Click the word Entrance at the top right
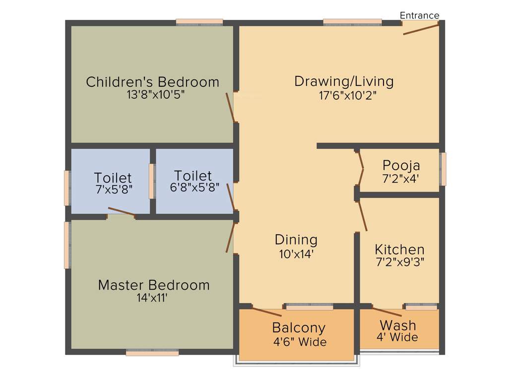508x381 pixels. [420, 15]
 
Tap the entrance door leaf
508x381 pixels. [421, 29]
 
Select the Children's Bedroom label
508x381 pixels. [152, 82]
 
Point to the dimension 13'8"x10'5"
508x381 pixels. [155, 95]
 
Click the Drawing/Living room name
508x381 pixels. [344, 81]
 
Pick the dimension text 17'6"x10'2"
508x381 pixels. [348, 95]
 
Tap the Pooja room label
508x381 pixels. [401, 165]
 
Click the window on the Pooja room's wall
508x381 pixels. [443, 169]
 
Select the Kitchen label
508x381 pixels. [399, 249]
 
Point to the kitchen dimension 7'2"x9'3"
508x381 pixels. [399, 261]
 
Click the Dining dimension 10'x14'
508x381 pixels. [296, 254]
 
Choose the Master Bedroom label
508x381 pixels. [154, 285]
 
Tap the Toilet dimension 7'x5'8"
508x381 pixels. [114, 189]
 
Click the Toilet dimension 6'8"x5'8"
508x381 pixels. [193, 188]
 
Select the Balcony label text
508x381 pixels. [299, 328]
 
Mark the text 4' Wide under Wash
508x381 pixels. [397, 337]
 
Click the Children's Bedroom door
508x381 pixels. [230, 107]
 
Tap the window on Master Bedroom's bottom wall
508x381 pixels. [152, 353]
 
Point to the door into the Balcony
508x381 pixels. [266, 312]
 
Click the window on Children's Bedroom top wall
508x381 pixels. [199, 22]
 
